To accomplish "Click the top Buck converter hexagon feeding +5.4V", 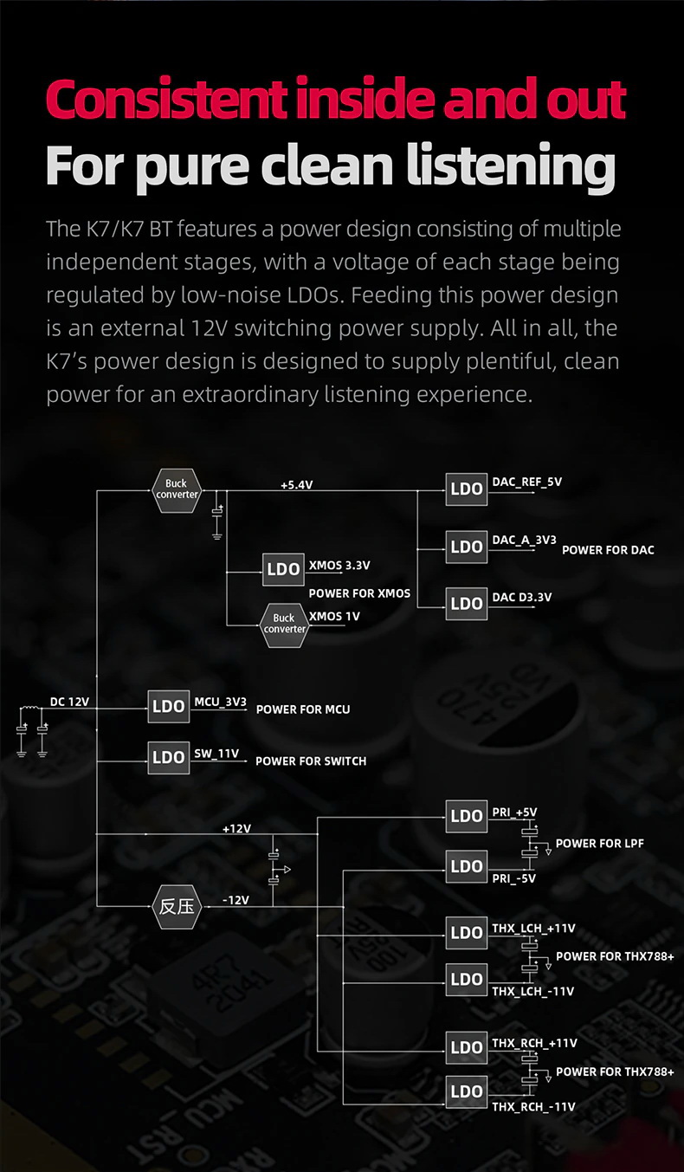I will [x=177, y=489].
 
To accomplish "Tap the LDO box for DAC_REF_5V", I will [x=467, y=489].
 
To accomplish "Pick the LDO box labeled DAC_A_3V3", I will [x=467, y=547].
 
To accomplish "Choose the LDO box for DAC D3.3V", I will [x=467, y=603].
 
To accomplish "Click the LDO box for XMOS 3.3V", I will [x=283, y=569].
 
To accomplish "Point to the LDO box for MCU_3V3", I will [x=169, y=706].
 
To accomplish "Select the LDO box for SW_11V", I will [x=169, y=757].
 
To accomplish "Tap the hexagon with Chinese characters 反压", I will [x=177, y=907].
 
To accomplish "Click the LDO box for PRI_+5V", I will [x=467, y=816].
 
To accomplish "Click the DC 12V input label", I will [x=69, y=702].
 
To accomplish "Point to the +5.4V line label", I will [x=296, y=485].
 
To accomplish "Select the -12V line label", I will [x=236, y=900].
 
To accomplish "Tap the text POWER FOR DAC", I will [x=608, y=550].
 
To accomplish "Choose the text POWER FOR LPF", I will [x=599, y=844].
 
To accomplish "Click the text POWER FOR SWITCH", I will [x=311, y=761].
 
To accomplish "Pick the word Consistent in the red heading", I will [x=166, y=99].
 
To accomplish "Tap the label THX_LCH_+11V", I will [x=533, y=929].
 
